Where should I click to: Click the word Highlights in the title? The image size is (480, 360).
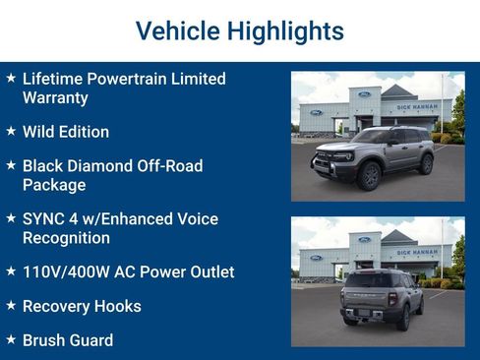point(285,30)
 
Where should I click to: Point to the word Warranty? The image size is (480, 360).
point(55,97)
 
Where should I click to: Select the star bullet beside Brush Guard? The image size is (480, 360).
point(11,340)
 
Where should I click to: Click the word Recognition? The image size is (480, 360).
point(66,237)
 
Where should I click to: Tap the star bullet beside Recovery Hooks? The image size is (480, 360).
point(11,306)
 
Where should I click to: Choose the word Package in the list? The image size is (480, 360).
point(54,184)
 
